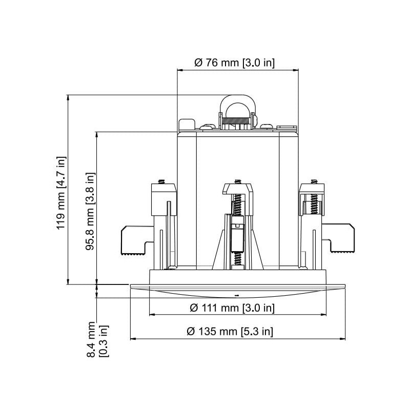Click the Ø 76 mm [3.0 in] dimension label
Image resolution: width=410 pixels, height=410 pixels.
click(235, 63)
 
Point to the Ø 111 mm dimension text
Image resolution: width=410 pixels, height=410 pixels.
click(232, 307)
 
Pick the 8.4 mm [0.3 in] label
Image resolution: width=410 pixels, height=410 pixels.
click(96, 339)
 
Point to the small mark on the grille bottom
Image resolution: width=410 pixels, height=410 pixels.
click(237, 296)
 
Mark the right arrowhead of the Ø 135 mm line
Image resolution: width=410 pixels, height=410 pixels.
click(342, 339)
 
